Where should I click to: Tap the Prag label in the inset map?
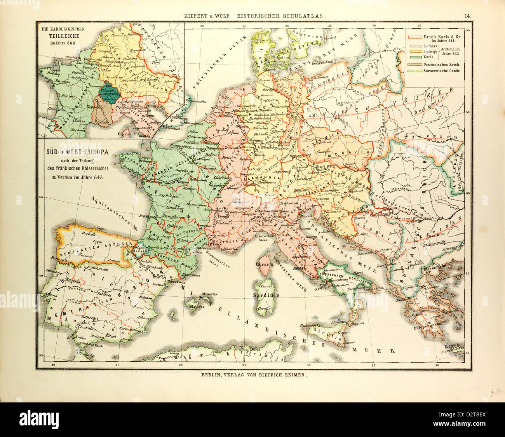[156, 62]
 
